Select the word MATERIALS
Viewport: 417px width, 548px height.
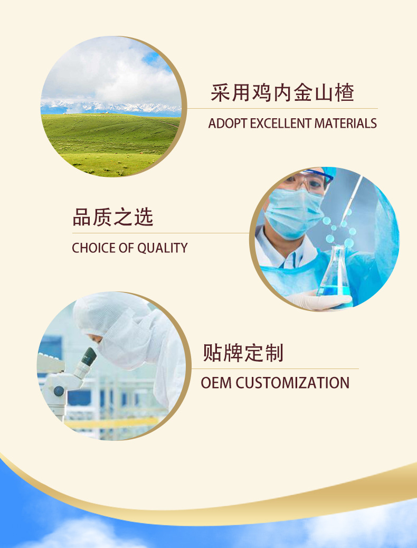pos(345,124)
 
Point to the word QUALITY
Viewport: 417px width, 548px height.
pos(162,248)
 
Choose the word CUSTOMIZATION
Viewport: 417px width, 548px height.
pos(292,383)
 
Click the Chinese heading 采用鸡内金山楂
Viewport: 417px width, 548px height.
pos(282,93)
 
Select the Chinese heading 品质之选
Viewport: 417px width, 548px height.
pos(113,218)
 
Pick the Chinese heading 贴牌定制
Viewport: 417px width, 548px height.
pos(243,353)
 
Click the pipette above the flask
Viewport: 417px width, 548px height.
pos(353,196)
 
